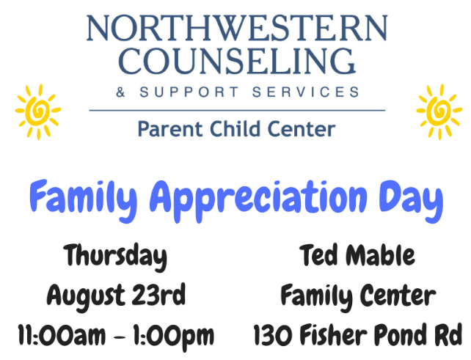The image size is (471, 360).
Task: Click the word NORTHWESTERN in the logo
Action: point(237,28)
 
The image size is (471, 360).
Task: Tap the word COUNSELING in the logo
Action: point(237,62)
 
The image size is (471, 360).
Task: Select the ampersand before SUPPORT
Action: point(120,92)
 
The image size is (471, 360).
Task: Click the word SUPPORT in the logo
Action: point(189,92)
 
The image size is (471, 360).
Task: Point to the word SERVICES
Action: point(306,92)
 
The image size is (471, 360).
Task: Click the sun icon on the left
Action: point(38,111)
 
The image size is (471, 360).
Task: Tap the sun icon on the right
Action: point(439,111)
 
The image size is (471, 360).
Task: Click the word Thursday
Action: point(115,257)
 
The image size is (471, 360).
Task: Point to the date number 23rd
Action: point(158,295)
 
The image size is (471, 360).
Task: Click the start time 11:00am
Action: point(62,335)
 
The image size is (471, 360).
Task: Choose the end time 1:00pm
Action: point(173,337)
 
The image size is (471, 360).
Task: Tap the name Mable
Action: point(380,255)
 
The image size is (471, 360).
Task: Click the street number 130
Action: point(273,334)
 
